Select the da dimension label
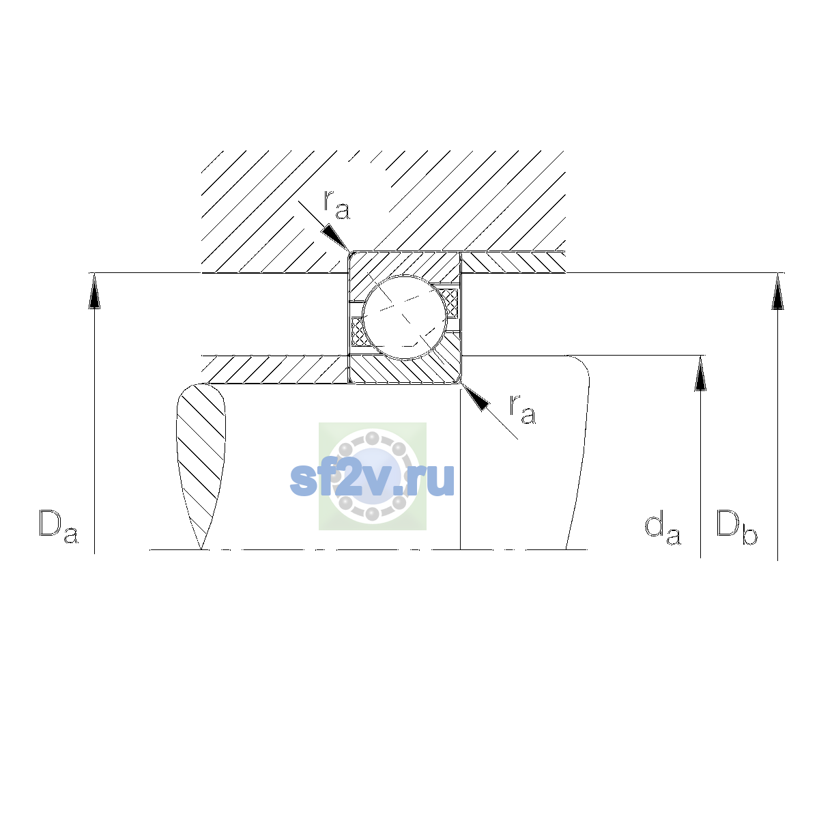[663, 530]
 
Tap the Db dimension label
[736, 527]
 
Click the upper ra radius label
[336, 205]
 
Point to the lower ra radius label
[522, 409]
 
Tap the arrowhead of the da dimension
[700, 373]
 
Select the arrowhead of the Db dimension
[778, 291]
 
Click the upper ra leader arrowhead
[335, 237]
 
